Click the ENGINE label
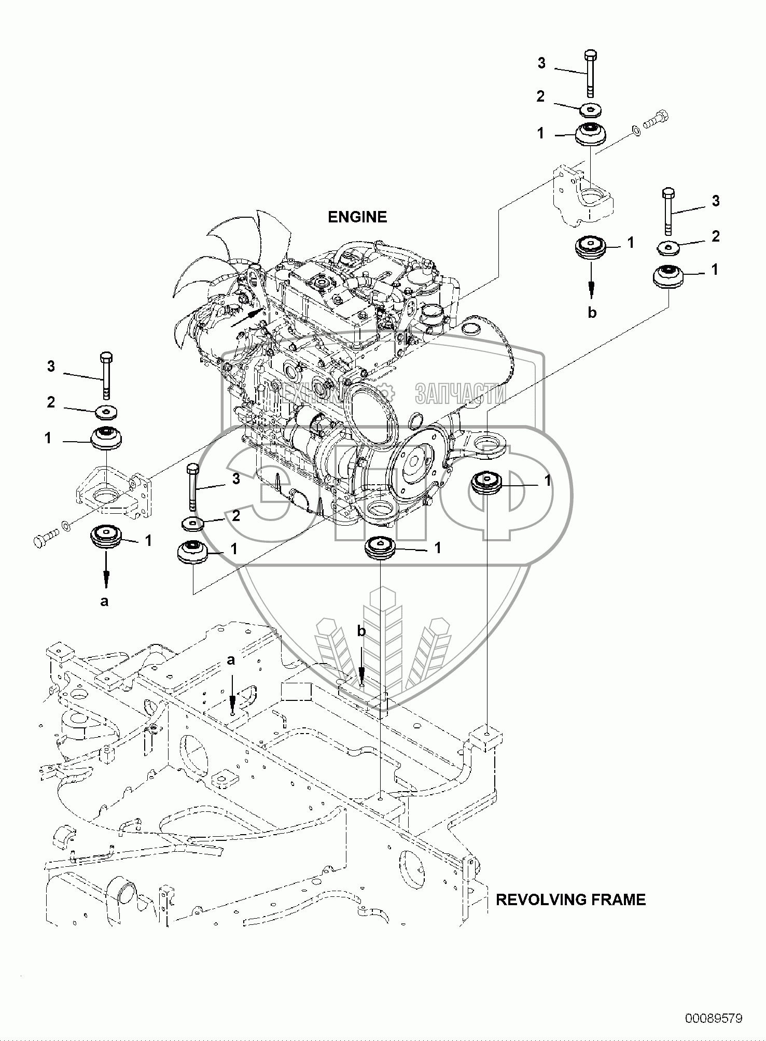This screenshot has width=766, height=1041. (357, 217)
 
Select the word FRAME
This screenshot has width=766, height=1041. (621, 899)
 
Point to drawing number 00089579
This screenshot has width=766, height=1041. (714, 1018)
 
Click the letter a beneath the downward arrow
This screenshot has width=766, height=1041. (104, 602)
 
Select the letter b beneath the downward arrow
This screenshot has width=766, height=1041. (592, 313)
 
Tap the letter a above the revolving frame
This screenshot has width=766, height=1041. (231, 660)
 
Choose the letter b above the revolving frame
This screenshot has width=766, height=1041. (362, 631)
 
